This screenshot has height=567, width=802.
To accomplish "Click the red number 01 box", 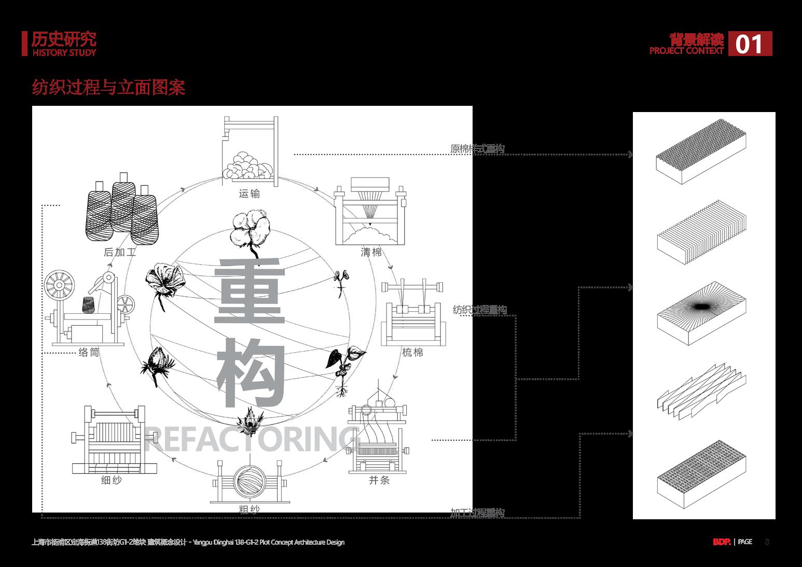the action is pos(750,44).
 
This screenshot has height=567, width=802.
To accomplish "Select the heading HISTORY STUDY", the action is pos(64,52).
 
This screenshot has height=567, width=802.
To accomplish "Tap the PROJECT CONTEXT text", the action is pos(686,51).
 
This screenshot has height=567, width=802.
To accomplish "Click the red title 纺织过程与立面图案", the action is pos(108,87).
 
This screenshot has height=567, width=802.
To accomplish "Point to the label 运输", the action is pos(250,194).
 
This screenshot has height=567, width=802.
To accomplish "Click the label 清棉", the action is pos(371,253).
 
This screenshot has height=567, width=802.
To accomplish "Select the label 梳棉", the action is pos(412,353).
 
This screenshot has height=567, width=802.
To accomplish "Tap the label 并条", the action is pos(379,480).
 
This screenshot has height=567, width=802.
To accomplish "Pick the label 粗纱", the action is pos(249,509).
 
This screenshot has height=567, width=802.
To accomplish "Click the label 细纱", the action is pos(112,480).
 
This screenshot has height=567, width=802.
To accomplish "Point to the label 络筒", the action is pos(89,353).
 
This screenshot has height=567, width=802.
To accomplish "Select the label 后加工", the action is pos(120,253).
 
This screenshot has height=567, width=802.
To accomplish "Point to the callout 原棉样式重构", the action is pos(477,149).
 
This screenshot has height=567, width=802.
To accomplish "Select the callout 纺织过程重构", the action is pos(480,310).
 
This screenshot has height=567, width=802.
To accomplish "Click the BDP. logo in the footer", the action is pos(721,542).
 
